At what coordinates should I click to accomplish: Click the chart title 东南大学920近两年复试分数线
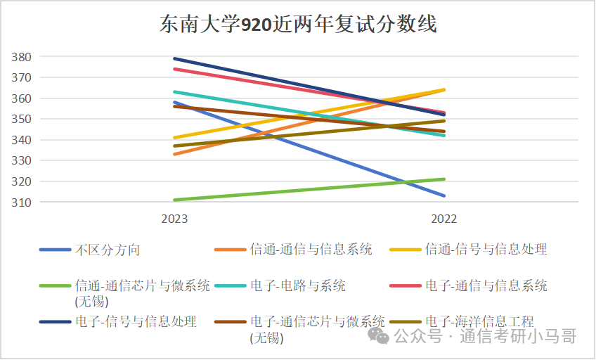[x=298, y=25]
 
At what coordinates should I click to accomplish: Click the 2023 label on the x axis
[x=174, y=219]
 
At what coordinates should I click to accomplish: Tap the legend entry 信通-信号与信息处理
[x=486, y=250]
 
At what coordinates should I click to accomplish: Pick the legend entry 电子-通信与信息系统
[x=486, y=286]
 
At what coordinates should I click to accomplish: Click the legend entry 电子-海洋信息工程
[x=486, y=322]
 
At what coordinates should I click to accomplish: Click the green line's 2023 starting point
[x=174, y=200]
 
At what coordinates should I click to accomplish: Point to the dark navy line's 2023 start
[x=174, y=58]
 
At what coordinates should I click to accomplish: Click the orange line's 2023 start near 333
[x=174, y=154]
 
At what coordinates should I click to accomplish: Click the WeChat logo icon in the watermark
[x=381, y=336]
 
